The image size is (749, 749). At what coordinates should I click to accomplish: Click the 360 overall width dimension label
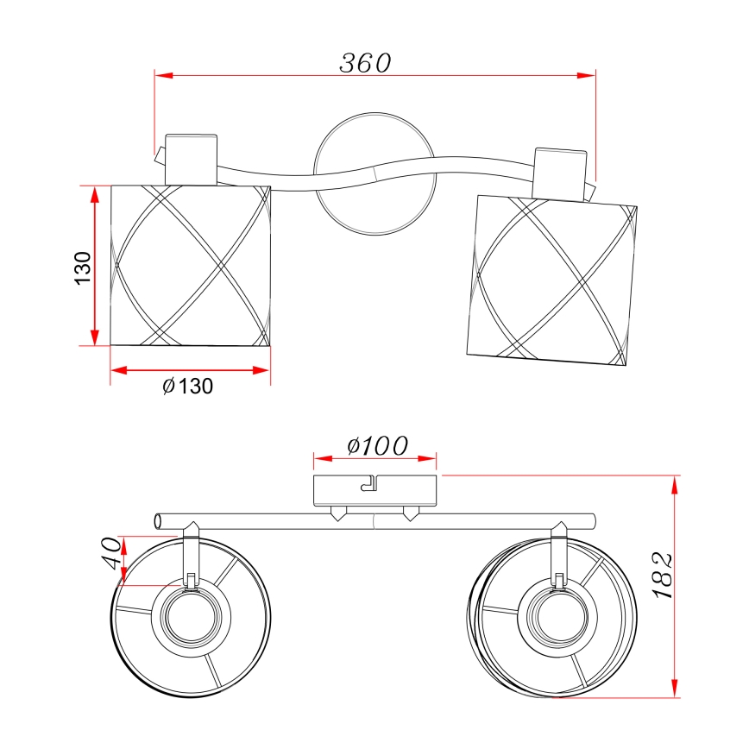[x=365, y=63]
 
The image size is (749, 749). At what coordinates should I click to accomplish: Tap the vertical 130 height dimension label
[x=83, y=268]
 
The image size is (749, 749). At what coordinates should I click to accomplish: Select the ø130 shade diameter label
[x=187, y=386]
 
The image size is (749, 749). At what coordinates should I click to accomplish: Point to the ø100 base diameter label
[x=377, y=445]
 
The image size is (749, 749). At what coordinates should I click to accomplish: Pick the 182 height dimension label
[x=662, y=575]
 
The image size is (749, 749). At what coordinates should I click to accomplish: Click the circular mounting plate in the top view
[x=375, y=174]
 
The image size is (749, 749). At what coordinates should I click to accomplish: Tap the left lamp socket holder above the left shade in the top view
[x=191, y=160]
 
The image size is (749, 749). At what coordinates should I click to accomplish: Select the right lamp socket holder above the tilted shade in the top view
[x=560, y=175]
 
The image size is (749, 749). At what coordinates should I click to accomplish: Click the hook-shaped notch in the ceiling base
[x=368, y=483]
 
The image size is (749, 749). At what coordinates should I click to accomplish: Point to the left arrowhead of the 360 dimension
[x=163, y=75]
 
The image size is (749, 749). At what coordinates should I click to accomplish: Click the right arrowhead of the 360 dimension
[x=587, y=75]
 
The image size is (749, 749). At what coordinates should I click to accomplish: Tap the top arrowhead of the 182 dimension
[x=675, y=485]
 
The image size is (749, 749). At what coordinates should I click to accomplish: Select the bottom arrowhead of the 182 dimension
[x=675, y=689]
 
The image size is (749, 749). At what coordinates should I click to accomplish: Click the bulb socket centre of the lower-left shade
[x=191, y=618]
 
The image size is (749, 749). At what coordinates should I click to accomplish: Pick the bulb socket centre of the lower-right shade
[x=557, y=617]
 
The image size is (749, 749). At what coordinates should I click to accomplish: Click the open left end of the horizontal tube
[x=158, y=521]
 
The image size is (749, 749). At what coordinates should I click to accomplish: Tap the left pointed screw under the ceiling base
[x=338, y=514]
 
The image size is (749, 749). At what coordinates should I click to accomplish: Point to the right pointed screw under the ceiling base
[x=411, y=514]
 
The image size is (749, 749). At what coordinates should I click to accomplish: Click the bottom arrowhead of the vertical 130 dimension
[x=95, y=337]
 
